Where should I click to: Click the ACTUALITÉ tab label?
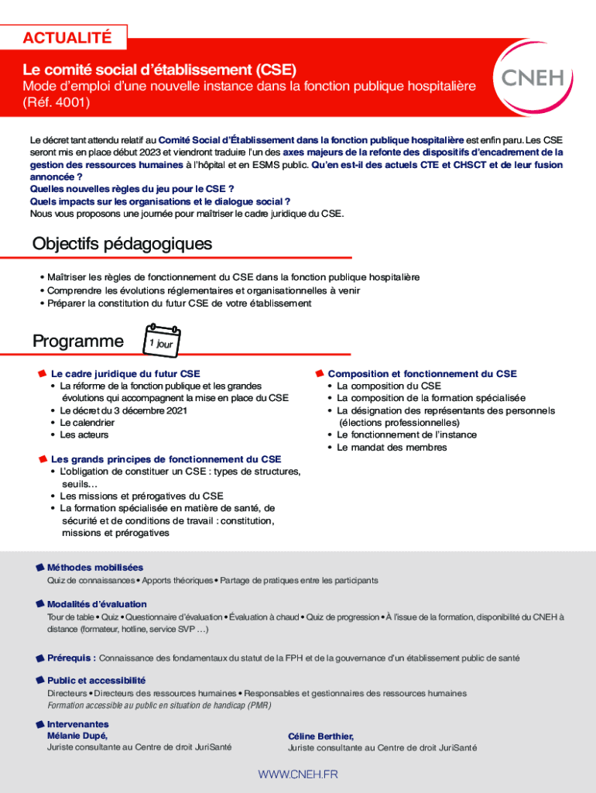tap(67, 37)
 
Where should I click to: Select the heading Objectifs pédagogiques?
tap(122, 244)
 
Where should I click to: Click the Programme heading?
tap(77, 342)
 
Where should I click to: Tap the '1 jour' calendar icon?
tap(163, 342)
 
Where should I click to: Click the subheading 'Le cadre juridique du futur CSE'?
tap(125, 373)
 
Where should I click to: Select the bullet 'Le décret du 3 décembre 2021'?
tap(123, 410)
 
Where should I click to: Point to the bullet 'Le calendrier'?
tap(87, 423)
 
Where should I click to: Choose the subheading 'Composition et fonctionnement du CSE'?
tap(422, 373)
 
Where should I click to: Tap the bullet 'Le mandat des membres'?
tap(392, 448)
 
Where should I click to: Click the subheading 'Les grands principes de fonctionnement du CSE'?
tap(166, 459)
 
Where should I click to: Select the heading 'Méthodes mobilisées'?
tap(94, 568)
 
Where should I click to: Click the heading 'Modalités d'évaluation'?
tap(97, 604)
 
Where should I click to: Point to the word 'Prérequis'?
tap(71, 658)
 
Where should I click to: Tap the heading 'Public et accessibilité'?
tap(96, 681)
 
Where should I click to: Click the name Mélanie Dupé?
tap(77, 736)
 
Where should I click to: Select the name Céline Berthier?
tap(320, 736)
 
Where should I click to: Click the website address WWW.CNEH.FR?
tap(298, 774)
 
